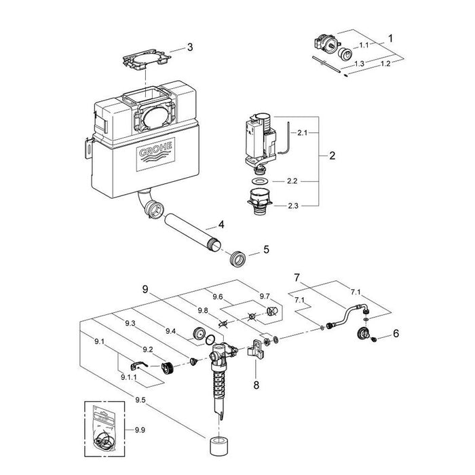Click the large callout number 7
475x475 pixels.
(x=297, y=278)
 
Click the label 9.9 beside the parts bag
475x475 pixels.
(x=140, y=430)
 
